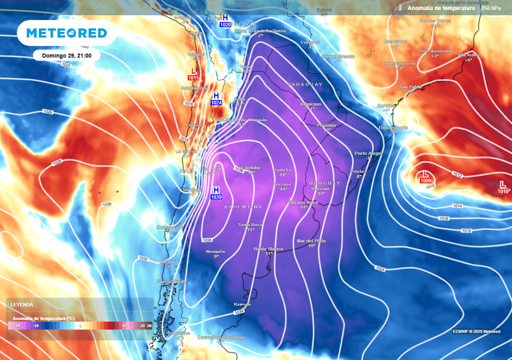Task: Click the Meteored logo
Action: (66, 33)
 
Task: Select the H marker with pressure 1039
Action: (216, 193)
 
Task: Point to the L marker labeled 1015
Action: (193, 74)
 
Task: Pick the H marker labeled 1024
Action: (216, 99)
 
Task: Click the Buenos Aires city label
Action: (303, 202)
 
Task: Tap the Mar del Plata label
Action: (310, 241)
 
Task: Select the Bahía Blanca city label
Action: (268, 248)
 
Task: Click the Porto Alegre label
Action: (368, 153)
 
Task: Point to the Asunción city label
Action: (310, 104)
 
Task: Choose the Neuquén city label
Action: (215, 251)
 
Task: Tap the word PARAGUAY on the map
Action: (304, 84)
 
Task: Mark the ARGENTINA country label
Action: (243, 206)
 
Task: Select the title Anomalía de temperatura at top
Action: (440, 8)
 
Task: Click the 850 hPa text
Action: (491, 8)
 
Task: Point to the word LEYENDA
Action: (22, 304)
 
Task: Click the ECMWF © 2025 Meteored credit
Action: (476, 331)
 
